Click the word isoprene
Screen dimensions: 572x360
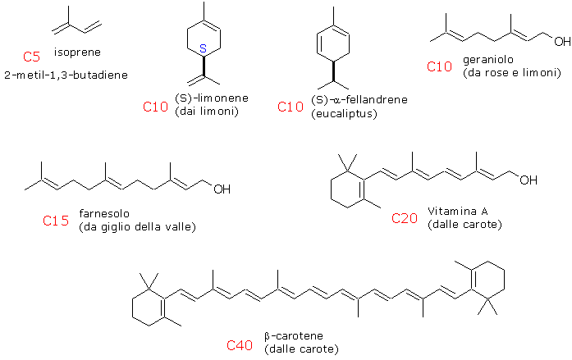tap(77, 52)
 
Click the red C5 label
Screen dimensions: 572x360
tap(31, 57)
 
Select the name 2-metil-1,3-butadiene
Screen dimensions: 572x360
tap(66, 75)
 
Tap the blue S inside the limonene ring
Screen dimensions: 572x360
tap(204, 48)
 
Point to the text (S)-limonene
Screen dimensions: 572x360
tap(212, 98)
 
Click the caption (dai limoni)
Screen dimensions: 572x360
tap(207, 112)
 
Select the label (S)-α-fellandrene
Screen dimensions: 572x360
tap(359, 99)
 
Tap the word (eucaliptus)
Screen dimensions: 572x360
tap(344, 114)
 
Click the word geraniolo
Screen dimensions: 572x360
tap(488, 60)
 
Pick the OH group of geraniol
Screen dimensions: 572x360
tap(562, 42)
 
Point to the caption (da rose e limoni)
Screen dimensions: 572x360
tap(512, 73)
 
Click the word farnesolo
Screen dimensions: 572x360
tap(104, 213)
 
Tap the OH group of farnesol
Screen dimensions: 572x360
tap(222, 189)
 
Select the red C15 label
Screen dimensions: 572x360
tap(56, 221)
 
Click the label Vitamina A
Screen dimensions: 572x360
tap(458, 212)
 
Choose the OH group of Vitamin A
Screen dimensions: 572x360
tap(529, 180)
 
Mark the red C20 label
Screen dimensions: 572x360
tap(405, 218)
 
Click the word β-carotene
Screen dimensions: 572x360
tap(294, 336)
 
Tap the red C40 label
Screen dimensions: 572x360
tap(240, 345)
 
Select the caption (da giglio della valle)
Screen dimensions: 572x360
tap(138, 227)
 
